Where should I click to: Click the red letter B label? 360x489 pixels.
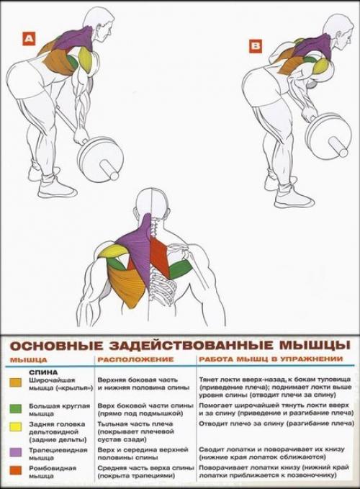coord(256,47)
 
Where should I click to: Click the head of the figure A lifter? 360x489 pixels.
coord(99,22)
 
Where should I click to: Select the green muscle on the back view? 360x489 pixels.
coord(181,269)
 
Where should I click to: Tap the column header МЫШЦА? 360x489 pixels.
coord(28,359)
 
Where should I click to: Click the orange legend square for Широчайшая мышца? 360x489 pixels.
coord(14,382)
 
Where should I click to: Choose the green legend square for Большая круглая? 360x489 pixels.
coord(14,408)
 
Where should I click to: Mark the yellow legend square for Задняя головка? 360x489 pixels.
coord(14,426)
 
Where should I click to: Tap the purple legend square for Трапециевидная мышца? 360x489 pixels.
coord(14,452)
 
